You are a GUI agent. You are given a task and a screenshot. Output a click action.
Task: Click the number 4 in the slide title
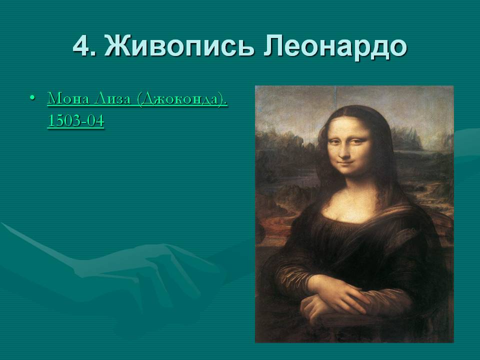81,47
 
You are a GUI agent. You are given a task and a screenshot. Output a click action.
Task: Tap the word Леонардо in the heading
334,47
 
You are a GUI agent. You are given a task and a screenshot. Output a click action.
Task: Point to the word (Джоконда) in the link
182,99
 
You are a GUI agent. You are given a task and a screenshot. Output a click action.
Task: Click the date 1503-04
75,121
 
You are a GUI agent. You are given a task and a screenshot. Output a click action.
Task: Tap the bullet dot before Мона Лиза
33,98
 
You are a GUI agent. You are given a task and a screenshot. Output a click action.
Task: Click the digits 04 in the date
94,121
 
